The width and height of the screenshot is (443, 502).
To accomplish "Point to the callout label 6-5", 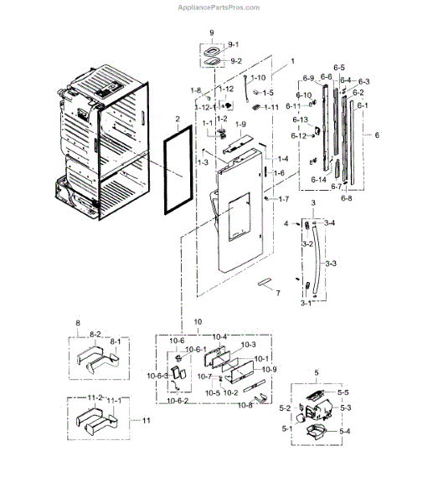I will tap(338, 66).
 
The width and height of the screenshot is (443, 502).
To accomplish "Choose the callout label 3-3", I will tap(330, 264).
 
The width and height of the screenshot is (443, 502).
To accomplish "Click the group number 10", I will tap(198, 322).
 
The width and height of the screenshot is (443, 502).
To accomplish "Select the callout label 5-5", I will tap(343, 391).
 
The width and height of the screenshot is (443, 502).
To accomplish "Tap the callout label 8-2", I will tap(95, 333).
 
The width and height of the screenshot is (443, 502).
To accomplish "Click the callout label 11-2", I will tap(95, 398).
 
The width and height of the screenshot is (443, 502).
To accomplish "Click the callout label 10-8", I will tap(245, 404).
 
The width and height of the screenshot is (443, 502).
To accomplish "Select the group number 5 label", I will tap(316, 371).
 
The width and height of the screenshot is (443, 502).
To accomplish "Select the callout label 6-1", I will tap(361, 105).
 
